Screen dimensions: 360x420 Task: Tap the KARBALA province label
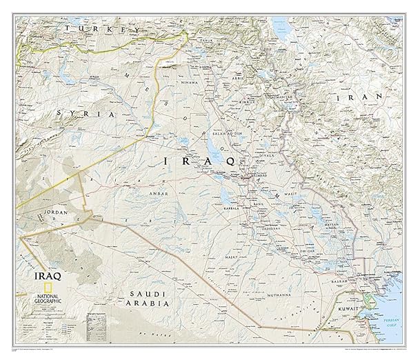pyautogui.click(x=232, y=206)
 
